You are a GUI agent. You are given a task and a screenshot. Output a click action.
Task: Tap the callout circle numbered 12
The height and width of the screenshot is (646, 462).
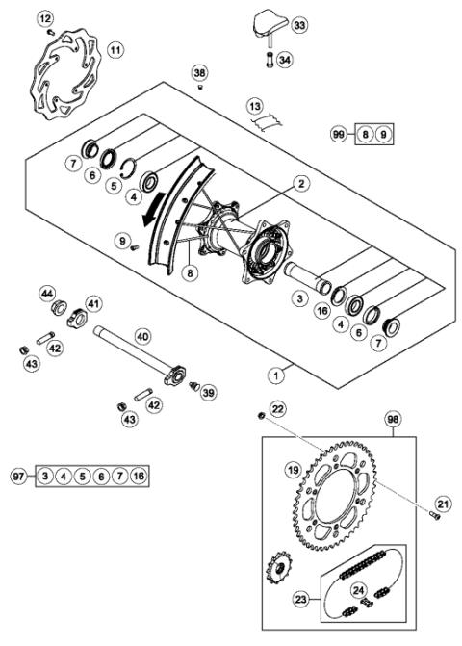tap(46, 17)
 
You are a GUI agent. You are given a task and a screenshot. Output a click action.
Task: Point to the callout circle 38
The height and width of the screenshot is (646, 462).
tap(199, 72)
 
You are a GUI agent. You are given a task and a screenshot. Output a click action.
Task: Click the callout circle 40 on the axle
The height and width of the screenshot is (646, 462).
tap(142, 336)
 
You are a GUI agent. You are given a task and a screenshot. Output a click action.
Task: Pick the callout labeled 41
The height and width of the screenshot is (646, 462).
tap(93, 304)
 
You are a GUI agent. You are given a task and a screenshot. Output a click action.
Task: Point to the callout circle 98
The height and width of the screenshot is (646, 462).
tap(393, 420)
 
